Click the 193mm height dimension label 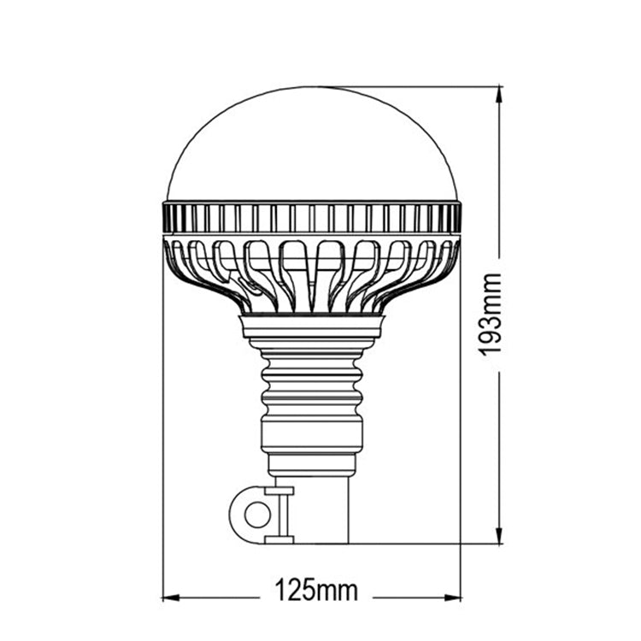point(490,315)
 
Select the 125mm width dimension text point(315,589)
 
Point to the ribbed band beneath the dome point(312,217)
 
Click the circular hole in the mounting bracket point(256,515)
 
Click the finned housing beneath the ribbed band point(312,273)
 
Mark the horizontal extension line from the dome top point(410,86)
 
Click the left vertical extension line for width point(162,427)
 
